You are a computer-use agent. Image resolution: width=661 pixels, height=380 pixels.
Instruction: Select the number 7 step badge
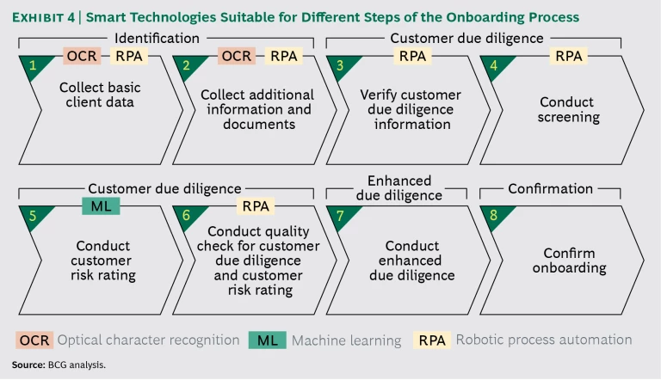point(341,216)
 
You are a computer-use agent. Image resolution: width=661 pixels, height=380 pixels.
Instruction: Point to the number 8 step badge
point(494,216)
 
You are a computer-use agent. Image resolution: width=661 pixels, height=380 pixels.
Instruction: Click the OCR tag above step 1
point(83,56)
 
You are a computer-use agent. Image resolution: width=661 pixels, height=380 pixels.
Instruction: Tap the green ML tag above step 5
point(101,205)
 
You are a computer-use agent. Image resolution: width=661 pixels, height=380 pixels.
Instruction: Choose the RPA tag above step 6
point(255,205)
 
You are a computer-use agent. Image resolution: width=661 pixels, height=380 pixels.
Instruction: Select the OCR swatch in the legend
point(35,340)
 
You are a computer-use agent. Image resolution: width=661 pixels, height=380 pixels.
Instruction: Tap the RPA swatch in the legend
point(432,340)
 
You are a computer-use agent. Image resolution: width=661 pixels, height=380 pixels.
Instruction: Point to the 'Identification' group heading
point(157,38)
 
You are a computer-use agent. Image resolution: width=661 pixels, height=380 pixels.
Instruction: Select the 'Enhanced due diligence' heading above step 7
point(398,187)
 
